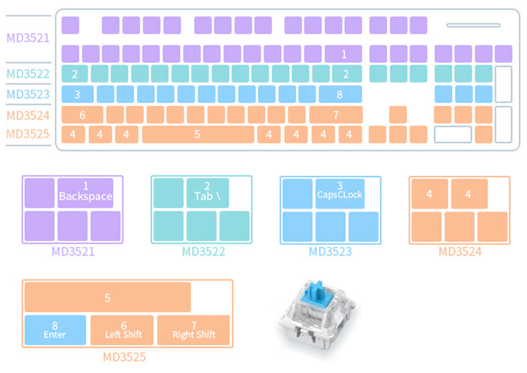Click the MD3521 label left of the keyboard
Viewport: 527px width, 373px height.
coord(27,37)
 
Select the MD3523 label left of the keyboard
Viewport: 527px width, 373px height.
coord(27,95)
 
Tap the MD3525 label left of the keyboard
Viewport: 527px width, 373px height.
coord(27,134)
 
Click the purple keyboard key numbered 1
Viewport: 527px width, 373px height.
coord(343,54)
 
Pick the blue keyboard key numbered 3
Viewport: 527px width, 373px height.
coord(78,94)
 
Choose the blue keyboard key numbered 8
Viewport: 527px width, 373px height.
coord(339,94)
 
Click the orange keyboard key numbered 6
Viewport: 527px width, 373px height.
coord(82,115)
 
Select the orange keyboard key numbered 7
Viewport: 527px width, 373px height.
coord(336,115)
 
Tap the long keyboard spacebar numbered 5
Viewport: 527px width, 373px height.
coord(198,134)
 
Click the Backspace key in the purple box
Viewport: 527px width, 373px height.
coord(85,192)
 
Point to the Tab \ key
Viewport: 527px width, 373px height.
coord(207,192)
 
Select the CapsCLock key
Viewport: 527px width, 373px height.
coord(339,192)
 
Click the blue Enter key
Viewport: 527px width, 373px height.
coord(55,330)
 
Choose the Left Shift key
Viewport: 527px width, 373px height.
coord(123,330)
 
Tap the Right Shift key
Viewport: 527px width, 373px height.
coord(193,330)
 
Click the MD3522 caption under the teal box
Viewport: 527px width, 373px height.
coord(203,252)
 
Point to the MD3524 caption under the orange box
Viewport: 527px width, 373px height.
coord(460,252)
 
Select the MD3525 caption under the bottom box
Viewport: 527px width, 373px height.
coord(124,357)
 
